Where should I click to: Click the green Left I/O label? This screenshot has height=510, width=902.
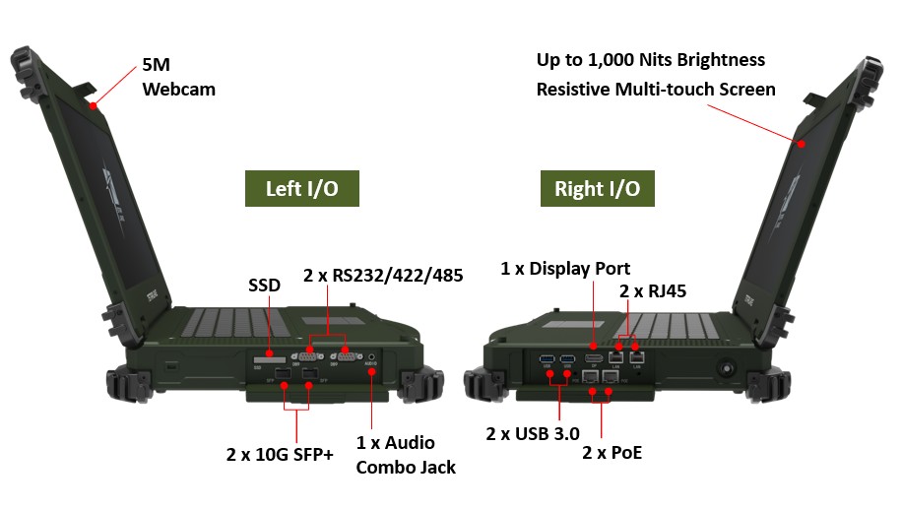click(x=301, y=188)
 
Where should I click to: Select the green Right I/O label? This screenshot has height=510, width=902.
click(x=597, y=188)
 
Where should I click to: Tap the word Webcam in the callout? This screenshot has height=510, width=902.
click(x=179, y=90)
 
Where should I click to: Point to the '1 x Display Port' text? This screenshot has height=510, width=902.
click(x=565, y=268)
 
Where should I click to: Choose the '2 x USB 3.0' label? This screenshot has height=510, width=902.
click(x=532, y=432)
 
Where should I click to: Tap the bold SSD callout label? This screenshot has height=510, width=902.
click(x=264, y=286)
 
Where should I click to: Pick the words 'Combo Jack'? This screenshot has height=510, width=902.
click(x=406, y=467)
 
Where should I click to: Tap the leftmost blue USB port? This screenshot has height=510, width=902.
click(x=547, y=358)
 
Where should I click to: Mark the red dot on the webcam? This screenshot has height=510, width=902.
click(x=94, y=104)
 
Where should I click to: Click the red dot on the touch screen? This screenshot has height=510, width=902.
click(x=802, y=145)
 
